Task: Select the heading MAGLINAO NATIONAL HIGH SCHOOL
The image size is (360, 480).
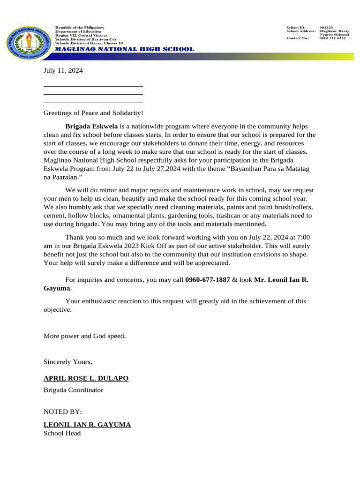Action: [124, 49]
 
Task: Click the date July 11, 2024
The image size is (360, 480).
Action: [63, 71]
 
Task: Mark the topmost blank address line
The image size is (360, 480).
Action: [93, 86]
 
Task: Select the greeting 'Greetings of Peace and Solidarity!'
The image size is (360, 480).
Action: [93, 113]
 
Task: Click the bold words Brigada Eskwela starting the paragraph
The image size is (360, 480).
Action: [91, 127]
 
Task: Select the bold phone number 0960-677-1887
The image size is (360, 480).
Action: [207, 280]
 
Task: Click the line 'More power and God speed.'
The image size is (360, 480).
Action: [85, 336]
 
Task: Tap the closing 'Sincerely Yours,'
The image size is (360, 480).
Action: [68, 362]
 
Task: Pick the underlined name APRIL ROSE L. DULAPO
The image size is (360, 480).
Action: [86, 378]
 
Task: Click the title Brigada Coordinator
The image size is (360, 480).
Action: [73, 390]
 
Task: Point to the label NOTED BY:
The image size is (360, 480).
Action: [63, 412]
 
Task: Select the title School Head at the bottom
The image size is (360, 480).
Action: [62, 433]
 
